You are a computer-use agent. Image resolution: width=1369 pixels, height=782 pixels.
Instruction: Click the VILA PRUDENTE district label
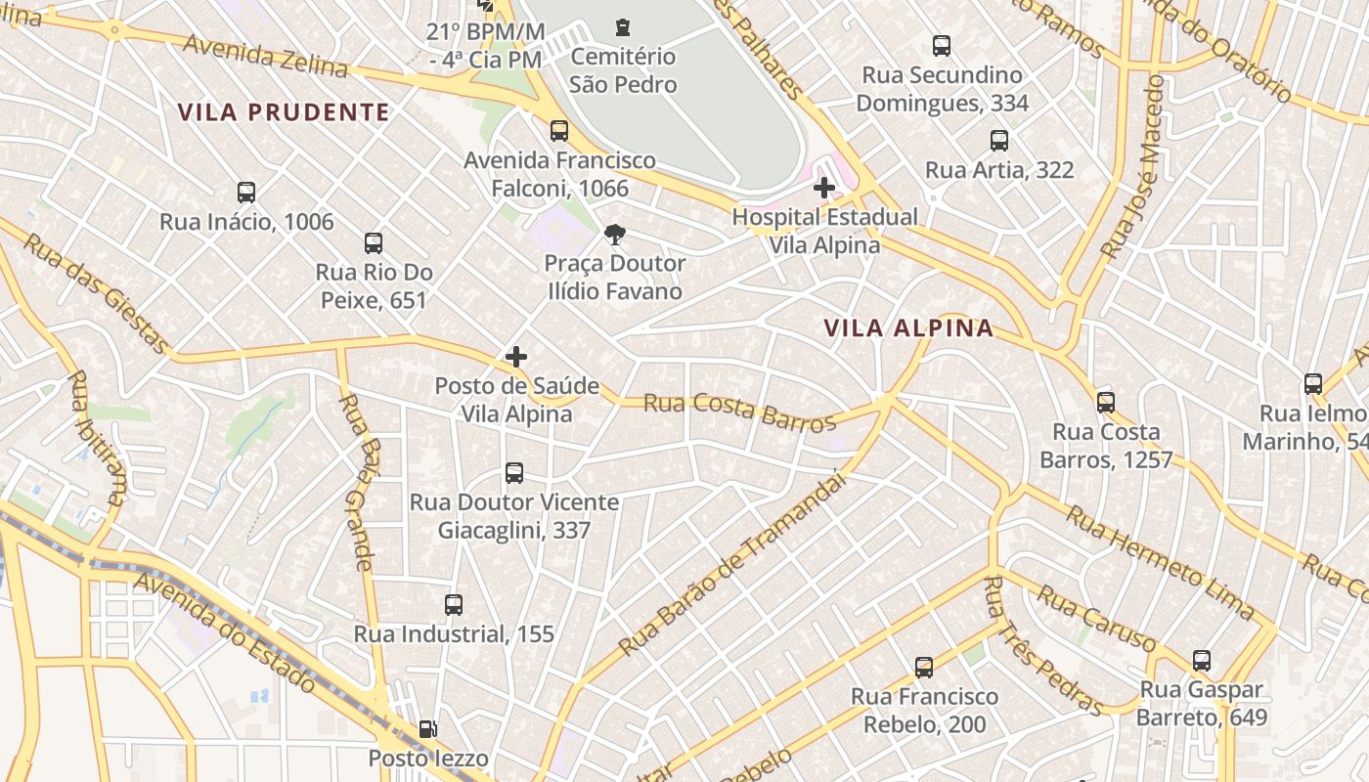pyautogui.click(x=284, y=112)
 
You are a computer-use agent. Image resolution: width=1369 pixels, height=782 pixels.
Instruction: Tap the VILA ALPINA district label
pyautogui.click(x=908, y=328)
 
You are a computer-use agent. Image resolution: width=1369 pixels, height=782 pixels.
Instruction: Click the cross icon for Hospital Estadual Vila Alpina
pyautogui.click(x=824, y=187)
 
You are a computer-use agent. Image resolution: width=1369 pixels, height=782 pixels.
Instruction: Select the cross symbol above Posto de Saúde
pyautogui.click(x=516, y=357)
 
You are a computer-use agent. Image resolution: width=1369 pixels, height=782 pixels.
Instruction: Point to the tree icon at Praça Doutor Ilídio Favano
pyautogui.click(x=615, y=234)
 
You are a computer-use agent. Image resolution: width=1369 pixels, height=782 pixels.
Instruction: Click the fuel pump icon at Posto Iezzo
pyautogui.click(x=427, y=728)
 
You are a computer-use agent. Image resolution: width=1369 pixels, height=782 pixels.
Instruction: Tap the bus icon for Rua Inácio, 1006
pyautogui.click(x=246, y=193)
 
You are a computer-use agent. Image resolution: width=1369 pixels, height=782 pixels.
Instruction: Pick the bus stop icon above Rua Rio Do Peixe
pyautogui.click(x=374, y=243)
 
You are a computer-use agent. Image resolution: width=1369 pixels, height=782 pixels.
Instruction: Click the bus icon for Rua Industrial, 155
pyautogui.click(x=454, y=604)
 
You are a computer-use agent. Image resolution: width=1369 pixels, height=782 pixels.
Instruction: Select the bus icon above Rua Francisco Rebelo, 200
pyautogui.click(x=924, y=668)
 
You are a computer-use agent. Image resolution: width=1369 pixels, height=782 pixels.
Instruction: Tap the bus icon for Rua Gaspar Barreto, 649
pyautogui.click(x=1202, y=661)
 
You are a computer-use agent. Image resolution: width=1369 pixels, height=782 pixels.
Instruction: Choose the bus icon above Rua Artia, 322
pyautogui.click(x=999, y=141)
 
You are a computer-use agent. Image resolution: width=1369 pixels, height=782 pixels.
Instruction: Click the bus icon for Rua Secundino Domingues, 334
pyautogui.click(x=942, y=45)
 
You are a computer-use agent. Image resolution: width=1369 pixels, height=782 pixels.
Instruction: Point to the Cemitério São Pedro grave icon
pyautogui.click(x=623, y=27)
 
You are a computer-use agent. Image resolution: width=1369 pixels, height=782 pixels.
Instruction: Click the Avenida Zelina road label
pyautogui.click(x=265, y=57)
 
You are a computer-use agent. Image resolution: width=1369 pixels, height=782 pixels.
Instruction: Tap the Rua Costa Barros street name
pyautogui.click(x=739, y=413)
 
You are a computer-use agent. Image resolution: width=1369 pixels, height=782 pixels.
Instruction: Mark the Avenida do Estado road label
pyautogui.click(x=225, y=631)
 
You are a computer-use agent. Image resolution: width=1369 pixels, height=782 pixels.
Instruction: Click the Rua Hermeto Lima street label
pyautogui.click(x=1158, y=561)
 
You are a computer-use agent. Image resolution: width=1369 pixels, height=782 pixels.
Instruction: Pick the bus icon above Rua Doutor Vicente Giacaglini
pyautogui.click(x=514, y=473)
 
